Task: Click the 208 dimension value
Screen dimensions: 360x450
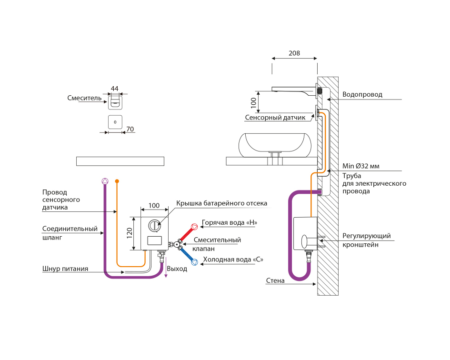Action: tap(294, 53)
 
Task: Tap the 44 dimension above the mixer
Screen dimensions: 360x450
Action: tap(115, 89)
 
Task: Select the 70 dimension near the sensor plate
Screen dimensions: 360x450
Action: tap(130, 129)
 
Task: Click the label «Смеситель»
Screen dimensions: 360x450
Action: tap(84, 98)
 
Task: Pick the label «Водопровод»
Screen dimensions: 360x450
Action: tap(362, 94)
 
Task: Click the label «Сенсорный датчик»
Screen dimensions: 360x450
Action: tap(275, 118)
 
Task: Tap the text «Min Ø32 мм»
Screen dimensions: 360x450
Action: tap(361, 166)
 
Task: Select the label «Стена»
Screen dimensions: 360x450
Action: tap(275, 280)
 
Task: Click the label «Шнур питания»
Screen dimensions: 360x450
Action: tap(65, 269)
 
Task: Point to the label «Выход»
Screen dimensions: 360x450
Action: tap(177, 269)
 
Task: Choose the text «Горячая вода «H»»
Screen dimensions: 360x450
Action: tap(232, 222)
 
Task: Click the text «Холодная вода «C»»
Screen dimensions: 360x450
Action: tap(233, 260)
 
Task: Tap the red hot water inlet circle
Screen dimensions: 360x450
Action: tap(194, 227)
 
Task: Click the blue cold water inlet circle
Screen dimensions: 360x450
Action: tap(194, 261)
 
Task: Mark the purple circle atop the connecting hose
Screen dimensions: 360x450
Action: tap(105, 181)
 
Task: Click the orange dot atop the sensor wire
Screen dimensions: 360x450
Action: tap(117, 181)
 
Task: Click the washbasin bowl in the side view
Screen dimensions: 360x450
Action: tap(276, 144)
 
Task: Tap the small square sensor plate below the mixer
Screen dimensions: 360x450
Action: tap(115, 122)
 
